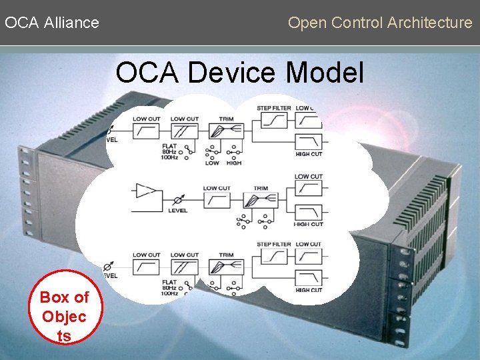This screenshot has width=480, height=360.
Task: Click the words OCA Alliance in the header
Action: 52,23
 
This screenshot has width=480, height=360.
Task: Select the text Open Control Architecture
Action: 380,23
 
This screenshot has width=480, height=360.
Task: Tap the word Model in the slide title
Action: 326,73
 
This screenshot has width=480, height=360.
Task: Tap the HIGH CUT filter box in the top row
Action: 309,142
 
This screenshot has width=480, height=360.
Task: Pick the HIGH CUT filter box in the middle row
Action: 309,212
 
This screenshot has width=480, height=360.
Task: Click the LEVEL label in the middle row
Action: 177,211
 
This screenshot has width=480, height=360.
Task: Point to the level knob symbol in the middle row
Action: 178,199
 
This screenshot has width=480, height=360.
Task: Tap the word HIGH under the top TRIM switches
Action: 233,163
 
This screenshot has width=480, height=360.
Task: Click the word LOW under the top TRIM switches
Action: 212,163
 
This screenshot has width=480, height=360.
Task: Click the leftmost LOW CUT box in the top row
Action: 147,131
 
